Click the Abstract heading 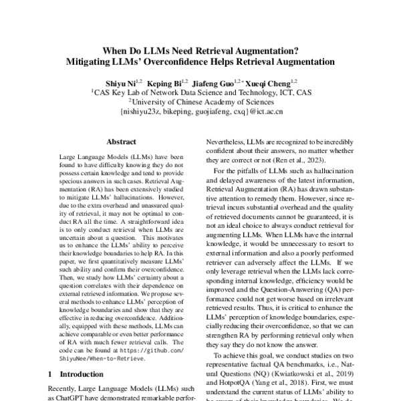(121, 142)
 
